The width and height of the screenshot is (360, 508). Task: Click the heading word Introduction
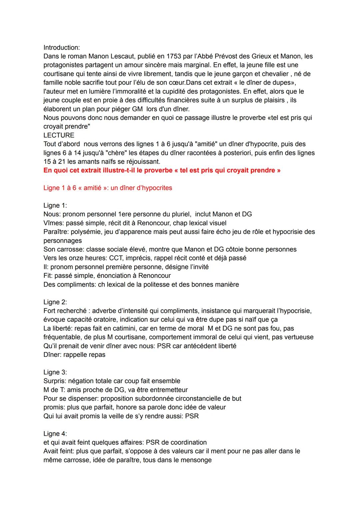61,48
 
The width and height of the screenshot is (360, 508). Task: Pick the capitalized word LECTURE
59,135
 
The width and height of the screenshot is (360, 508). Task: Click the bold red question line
162,170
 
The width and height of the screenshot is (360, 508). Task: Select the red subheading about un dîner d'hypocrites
108,188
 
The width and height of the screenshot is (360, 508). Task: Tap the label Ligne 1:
55,206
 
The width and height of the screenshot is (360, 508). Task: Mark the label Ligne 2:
55,302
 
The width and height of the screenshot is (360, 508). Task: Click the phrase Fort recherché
65,311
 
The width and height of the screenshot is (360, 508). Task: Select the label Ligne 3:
55,372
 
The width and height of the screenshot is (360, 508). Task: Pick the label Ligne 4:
55,434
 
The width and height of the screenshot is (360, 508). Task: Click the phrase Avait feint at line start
58,451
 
